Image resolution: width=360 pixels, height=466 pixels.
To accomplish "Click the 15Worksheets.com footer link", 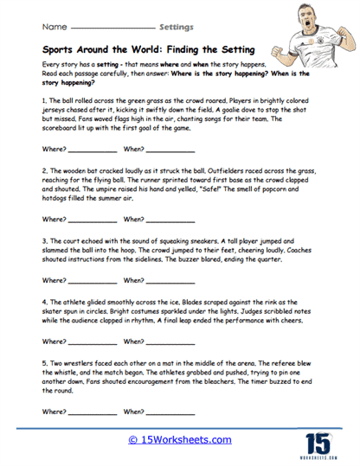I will point(180,438).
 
